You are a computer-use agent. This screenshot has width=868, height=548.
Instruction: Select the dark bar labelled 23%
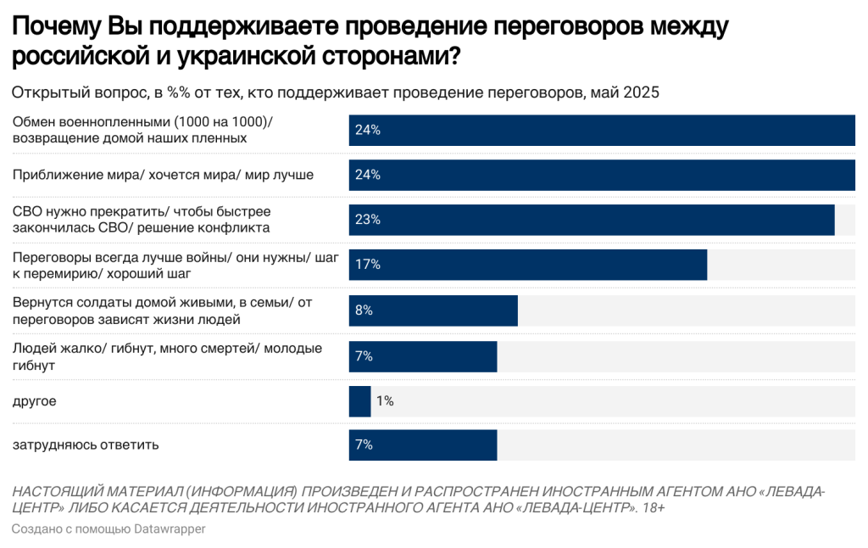[x=592, y=220]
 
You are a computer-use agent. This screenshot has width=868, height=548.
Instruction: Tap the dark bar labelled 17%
[x=528, y=265]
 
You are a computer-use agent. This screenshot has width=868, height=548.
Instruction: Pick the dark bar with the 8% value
[x=433, y=310]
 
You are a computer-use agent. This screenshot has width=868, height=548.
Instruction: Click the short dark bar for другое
[x=359, y=400]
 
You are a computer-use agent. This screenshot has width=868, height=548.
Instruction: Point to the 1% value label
[x=385, y=400]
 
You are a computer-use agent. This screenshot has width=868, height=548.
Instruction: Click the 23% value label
[x=368, y=220]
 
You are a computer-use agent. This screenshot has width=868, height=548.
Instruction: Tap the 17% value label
[x=368, y=265]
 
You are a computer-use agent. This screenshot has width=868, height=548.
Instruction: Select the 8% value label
[x=364, y=310]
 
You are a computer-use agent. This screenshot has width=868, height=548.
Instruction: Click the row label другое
[x=34, y=400]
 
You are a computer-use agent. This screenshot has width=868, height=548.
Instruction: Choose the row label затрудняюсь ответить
[x=86, y=445]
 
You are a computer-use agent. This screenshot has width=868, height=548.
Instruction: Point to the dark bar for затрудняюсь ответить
[x=423, y=445]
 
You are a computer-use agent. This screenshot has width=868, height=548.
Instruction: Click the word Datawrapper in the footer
[x=170, y=529]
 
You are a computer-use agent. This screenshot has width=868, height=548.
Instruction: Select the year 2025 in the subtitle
[x=641, y=92]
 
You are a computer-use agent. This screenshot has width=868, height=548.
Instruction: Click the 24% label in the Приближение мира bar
[x=368, y=175]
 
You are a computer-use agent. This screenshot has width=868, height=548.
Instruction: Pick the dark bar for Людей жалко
[x=423, y=355]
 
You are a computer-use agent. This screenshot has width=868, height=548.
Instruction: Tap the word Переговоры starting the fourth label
[x=48, y=256]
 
